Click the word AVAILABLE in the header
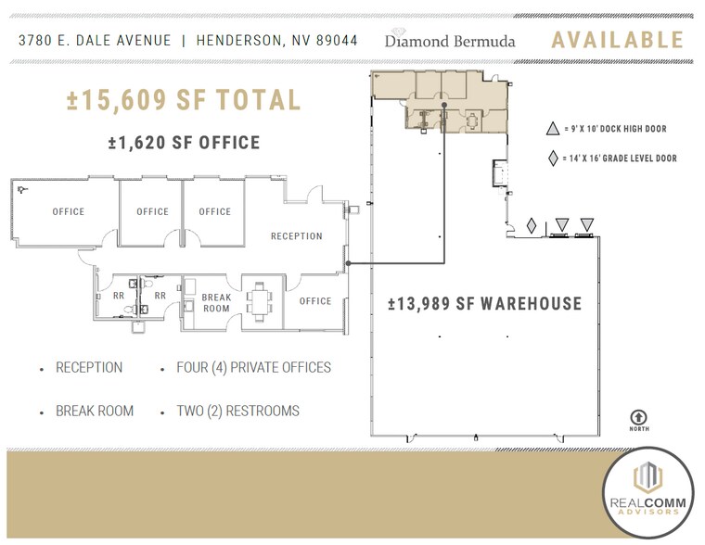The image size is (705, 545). point(617,40)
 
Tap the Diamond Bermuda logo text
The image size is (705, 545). point(450,41)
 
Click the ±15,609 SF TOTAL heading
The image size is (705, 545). point(184,100)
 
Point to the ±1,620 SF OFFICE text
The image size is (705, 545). point(184,143)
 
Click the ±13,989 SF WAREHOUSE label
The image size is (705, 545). point(485,304)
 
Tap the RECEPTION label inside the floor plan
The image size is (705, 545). point(296,236)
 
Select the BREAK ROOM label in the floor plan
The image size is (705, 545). point(216,303)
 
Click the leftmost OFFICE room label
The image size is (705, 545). point(68,212)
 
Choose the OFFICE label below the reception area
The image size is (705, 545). point(315,301)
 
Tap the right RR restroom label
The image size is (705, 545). point(160,297)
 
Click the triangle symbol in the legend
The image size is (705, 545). point(554,130)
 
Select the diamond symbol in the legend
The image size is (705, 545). point(554,158)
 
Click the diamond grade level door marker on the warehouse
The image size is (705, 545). point(532,225)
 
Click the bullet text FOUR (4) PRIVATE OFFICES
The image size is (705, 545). point(253,368)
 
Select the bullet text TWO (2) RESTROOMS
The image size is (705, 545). point(237,411)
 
